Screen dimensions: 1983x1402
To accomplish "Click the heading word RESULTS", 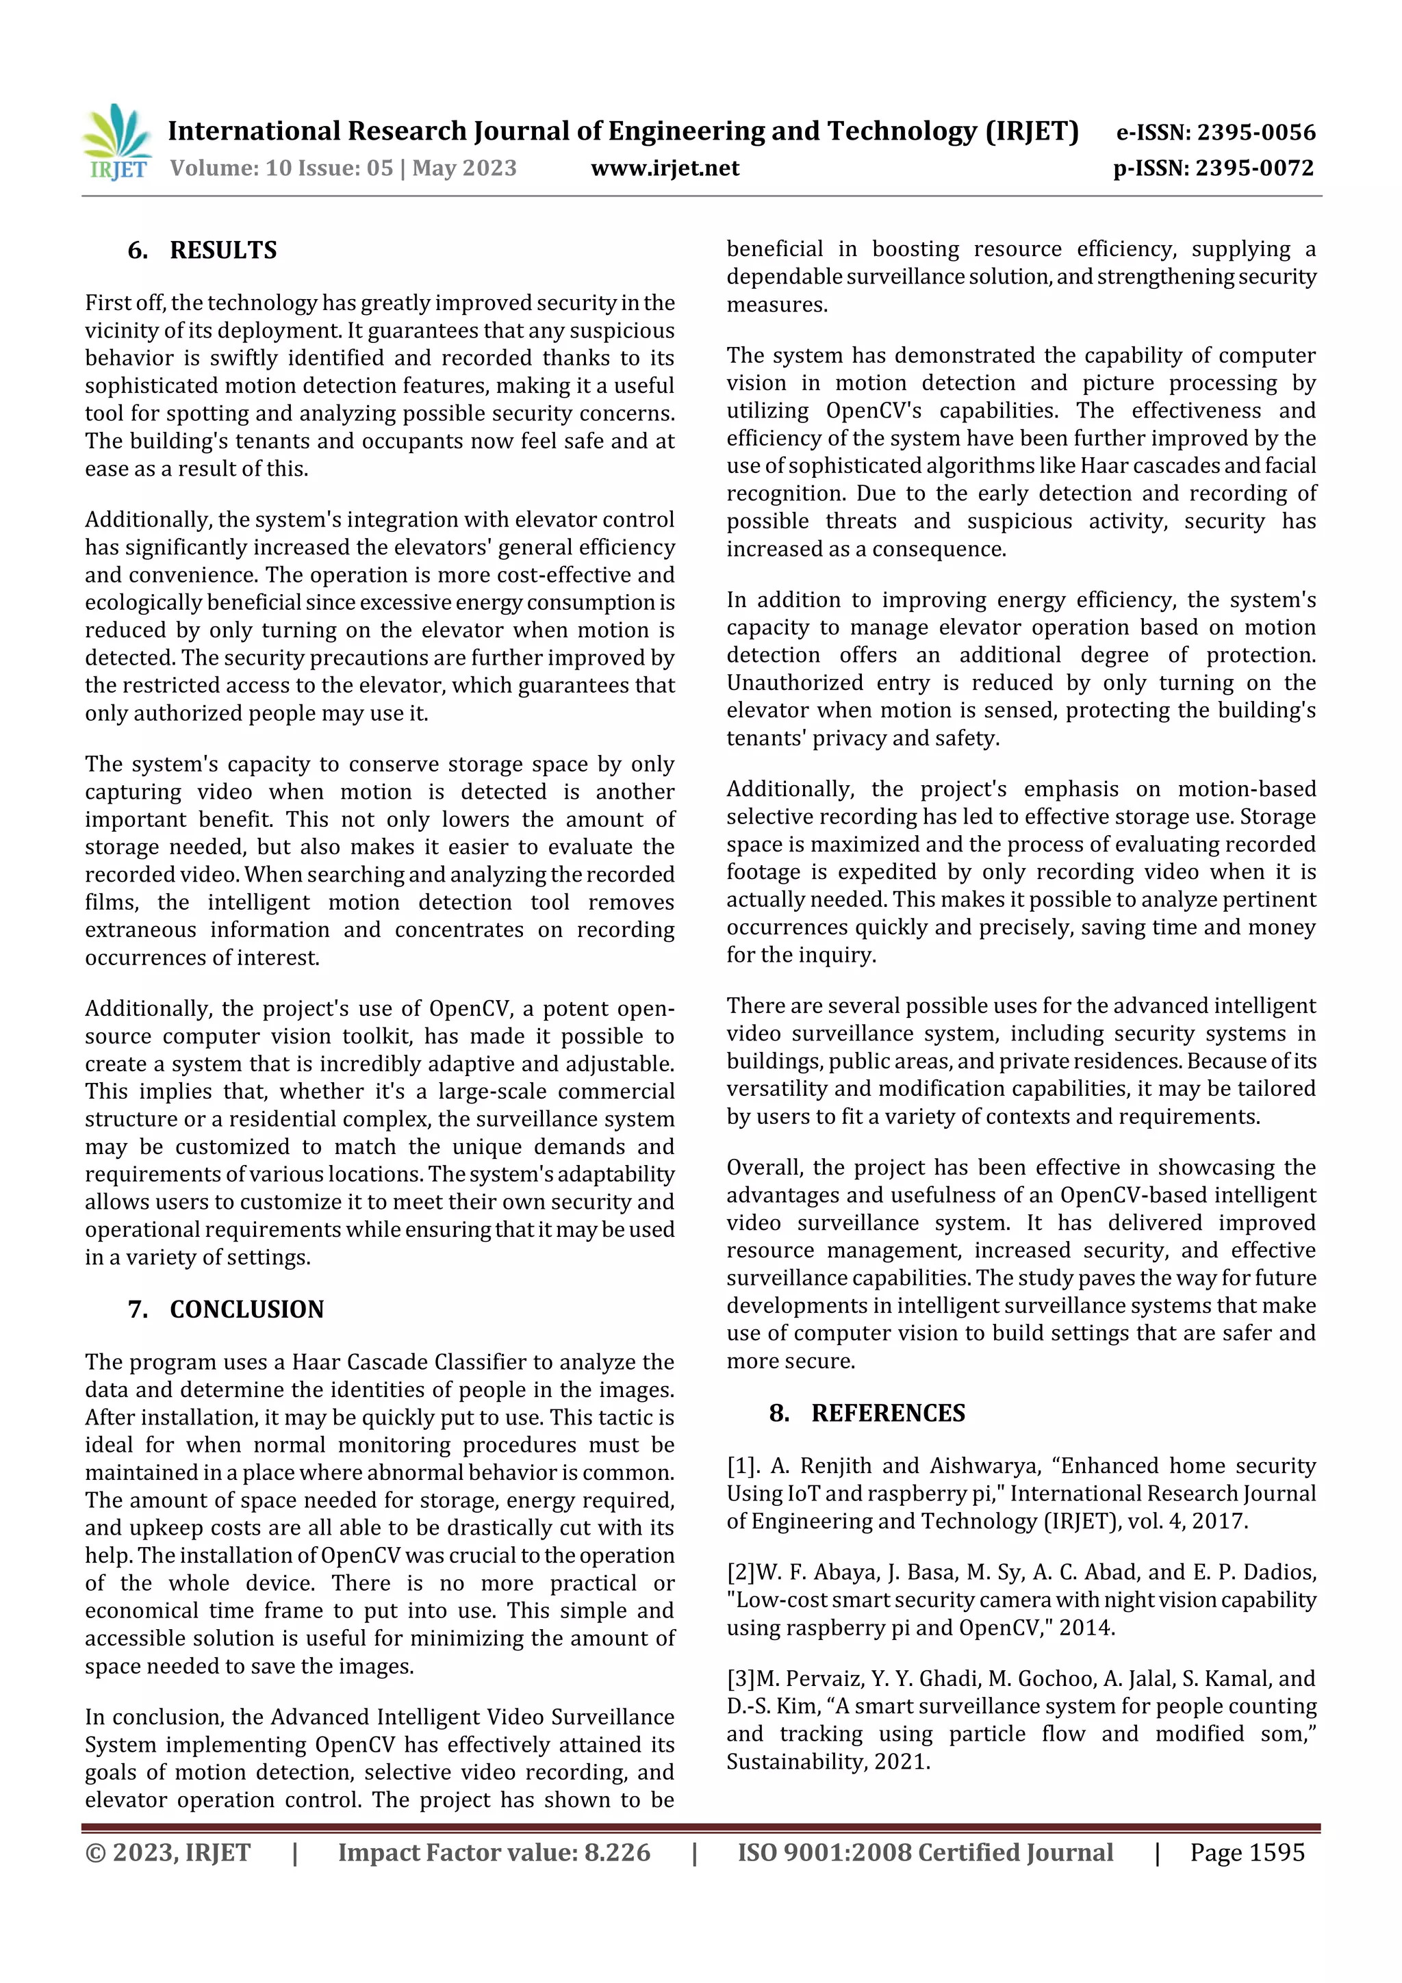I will pos(223,251).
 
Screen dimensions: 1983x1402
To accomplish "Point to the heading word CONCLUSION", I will pos(246,1309).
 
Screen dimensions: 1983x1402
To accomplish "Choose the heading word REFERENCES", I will pos(887,1413).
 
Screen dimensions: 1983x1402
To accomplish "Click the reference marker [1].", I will pos(743,1466).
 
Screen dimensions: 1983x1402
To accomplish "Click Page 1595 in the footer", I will pos(1247,1852).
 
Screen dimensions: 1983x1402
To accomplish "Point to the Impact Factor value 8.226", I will pos(617,1852).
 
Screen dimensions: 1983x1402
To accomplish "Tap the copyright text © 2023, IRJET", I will pos(168,1852).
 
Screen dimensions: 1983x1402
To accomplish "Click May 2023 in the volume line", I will pos(464,168).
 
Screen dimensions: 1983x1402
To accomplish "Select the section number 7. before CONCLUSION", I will pos(138,1309).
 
